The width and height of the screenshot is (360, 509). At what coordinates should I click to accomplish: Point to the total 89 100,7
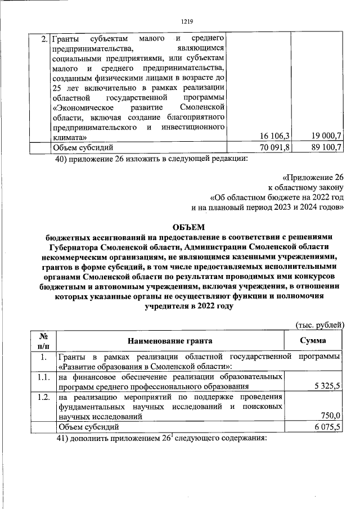click(x=326, y=148)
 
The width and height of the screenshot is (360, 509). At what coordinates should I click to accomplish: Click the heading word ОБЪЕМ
click(x=187, y=227)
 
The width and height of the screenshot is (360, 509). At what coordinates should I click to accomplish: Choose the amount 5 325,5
click(x=327, y=387)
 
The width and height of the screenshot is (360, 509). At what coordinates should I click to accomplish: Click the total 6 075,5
click(x=327, y=427)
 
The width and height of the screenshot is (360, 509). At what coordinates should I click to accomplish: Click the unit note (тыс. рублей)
click(x=319, y=325)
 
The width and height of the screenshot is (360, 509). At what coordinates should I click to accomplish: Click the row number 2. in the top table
click(x=44, y=39)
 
